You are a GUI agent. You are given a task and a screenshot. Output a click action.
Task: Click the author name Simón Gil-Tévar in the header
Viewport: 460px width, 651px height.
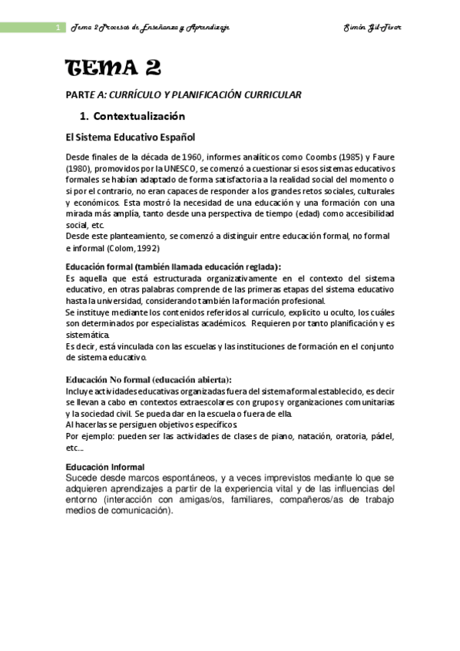[373, 28]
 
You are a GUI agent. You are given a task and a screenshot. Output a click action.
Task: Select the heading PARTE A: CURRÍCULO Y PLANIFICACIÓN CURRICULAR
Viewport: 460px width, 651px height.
[183, 94]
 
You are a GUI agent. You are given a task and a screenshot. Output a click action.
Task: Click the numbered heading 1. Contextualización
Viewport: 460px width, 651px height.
[133, 117]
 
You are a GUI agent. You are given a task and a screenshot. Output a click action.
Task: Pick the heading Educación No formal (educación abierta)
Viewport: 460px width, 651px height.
[148, 379]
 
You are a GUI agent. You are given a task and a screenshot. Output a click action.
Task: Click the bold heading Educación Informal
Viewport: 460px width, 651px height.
[105, 468]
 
